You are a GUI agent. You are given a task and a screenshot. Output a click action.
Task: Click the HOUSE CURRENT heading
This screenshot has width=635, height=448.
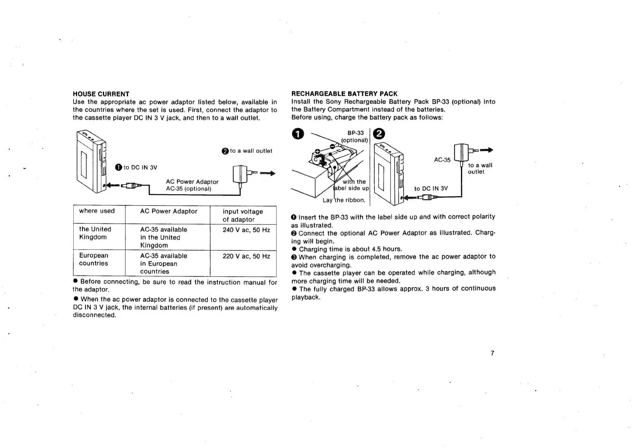click(x=101, y=94)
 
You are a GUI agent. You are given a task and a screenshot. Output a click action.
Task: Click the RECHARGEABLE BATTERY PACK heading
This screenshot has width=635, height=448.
click(x=344, y=93)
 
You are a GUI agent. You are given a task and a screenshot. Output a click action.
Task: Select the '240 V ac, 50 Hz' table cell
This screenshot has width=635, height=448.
click(x=246, y=230)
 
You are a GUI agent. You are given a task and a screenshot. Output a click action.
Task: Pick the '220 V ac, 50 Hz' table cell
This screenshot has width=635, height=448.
click(x=246, y=256)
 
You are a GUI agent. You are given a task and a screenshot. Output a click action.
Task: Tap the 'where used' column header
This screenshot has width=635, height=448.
click(x=97, y=211)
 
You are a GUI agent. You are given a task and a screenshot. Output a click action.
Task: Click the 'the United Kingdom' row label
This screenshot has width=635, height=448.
click(x=95, y=233)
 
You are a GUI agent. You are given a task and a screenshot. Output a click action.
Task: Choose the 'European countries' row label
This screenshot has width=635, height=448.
click(x=93, y=259)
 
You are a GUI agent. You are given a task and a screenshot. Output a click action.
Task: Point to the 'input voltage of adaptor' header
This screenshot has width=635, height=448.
click(x=242, y=215)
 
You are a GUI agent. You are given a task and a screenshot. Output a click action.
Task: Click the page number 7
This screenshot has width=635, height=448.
click(x=492, y=353)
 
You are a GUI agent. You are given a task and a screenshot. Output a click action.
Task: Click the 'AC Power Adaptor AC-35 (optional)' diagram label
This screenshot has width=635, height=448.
click(x=192, y=185)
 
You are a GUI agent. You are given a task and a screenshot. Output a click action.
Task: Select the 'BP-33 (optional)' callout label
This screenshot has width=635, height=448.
click(x=355, y=136)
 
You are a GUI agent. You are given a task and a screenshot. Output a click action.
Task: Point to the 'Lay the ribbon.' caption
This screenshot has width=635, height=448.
click(x=344, y=200)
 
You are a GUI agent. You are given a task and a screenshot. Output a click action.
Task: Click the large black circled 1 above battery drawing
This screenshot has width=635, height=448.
click(x=298, y=134)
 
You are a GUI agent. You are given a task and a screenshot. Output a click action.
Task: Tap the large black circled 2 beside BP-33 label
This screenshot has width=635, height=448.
click(x=379, y=134)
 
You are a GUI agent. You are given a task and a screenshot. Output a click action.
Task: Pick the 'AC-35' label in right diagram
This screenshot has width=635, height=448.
click(x=442, y=160)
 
